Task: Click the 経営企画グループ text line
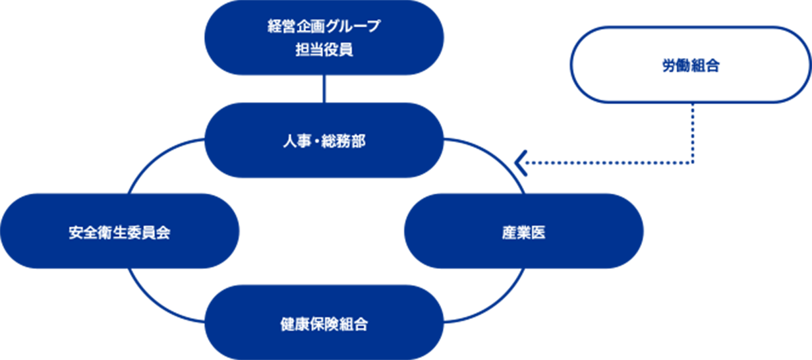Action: click(324, 26)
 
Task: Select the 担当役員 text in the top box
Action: click(324, 49)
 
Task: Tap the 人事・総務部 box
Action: click(324, 140)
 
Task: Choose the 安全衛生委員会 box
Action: click(120, 231)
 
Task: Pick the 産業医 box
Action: click(524, 231)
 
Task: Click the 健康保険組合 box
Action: click(324, 322)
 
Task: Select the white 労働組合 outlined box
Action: click(691, 65)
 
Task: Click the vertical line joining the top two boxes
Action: click(324, 89)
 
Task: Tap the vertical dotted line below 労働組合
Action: click(692, 133)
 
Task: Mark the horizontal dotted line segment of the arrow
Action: click(607, 163)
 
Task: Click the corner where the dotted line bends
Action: click(692, 163)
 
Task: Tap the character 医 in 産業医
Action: click(538, 232)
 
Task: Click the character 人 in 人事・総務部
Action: click(290, 141)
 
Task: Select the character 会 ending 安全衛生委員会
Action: click(163, 232)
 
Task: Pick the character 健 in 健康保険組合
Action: click(287, 324)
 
